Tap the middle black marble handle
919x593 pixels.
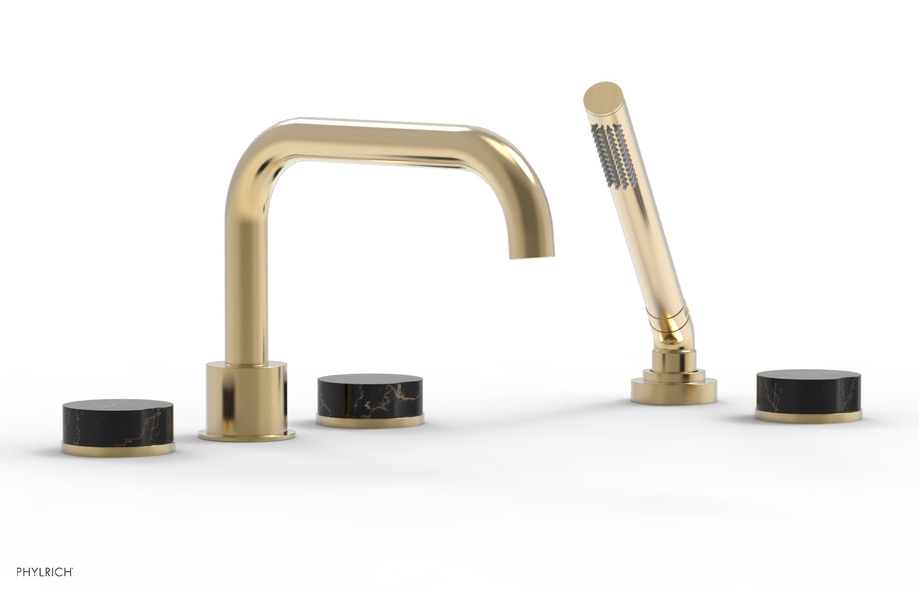tap(370, 400)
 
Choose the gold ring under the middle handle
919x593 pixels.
tap(370, 421)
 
